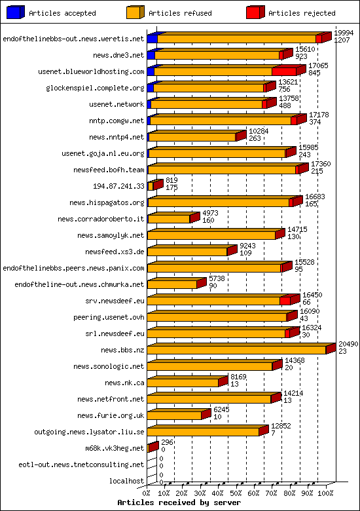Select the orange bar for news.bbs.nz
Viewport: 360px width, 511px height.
coord(236,350)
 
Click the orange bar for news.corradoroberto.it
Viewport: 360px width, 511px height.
coord(168,219)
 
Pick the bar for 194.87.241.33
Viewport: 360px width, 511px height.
coord(154,186)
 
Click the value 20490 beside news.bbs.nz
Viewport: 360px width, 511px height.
coord(349,345)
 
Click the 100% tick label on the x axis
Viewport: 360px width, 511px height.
coord(326,493)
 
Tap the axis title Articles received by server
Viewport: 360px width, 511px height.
coord(179,502)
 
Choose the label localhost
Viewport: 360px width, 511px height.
coord(127,481)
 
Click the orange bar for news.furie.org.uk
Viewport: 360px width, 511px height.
coord(174,415)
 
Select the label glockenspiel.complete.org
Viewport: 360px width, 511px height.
coord(95,88)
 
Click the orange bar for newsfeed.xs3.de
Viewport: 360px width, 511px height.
coord(187,252)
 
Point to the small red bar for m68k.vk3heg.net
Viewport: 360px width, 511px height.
coord(153,447)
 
